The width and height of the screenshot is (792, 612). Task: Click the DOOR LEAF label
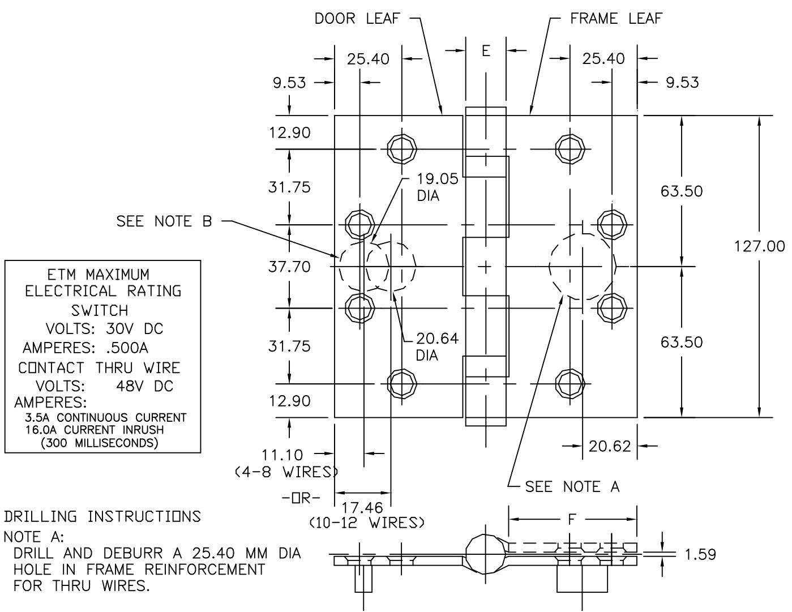coord(357,19)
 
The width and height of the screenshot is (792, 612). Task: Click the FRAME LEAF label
coord(616,19)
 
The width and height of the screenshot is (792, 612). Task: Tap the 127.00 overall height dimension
coord(759,246)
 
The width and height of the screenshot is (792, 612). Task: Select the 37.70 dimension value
coord(289,267)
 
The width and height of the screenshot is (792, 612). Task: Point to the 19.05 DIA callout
coord(437,187)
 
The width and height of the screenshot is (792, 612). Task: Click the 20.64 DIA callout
coord(436,346)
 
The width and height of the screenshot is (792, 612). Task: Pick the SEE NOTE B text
coord(164,221)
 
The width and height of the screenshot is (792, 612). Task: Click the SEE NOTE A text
coord(572,487)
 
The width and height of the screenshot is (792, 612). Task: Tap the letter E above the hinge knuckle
coord(486,51)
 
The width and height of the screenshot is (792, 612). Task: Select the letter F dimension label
coord(572,519)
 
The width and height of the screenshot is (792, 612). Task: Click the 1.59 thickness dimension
coord(700,554)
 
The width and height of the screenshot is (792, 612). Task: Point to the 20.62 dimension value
coord(609,446)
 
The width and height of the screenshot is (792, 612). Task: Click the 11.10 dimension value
coord(282,455)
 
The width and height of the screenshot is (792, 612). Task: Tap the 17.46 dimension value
coord(362,507)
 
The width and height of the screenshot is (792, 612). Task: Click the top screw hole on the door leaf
coord(401,149)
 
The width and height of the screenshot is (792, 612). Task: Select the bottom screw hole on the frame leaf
coord(570,383)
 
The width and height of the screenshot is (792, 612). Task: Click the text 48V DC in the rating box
coord(145,386)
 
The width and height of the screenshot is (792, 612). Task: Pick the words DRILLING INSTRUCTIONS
coord(102,516)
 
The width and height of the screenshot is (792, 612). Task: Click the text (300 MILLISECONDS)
coord(99,443)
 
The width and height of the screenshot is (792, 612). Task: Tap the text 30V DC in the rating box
coord(135,329)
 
